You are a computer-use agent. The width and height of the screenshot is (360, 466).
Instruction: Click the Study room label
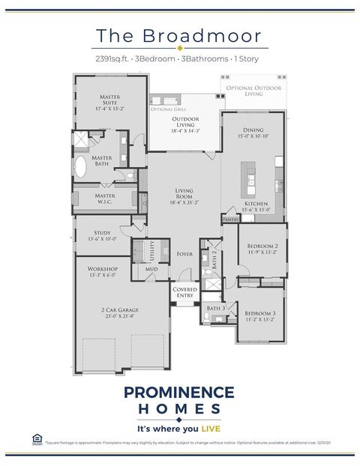[x=102, y=233]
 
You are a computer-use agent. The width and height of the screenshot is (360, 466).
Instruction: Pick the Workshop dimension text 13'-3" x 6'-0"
[x=102, y=275]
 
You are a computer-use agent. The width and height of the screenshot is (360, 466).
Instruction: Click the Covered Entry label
[x=184, y=292]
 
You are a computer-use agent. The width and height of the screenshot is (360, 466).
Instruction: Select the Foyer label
[x=184, y=254]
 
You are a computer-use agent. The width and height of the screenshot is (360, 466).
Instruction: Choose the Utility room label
[x=151, y=248]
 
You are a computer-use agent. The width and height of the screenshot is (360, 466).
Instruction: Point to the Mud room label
[x=151, y=268]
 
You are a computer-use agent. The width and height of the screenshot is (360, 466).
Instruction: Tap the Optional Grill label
[x=163, y=109]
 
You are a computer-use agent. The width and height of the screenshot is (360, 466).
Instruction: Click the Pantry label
[x=231, y=220]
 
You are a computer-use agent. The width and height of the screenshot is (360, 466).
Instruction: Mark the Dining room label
[x=253, y=130]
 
